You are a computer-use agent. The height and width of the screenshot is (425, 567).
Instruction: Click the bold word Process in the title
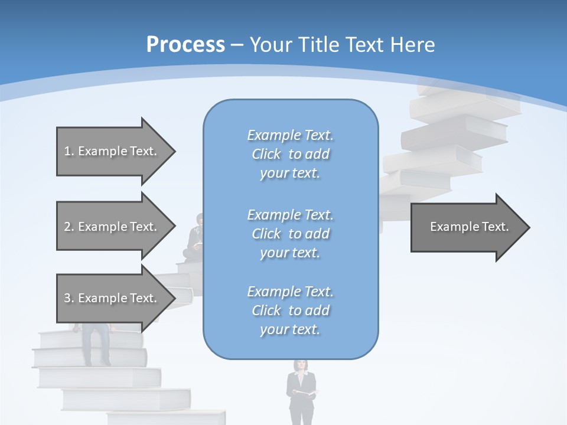point(185,44)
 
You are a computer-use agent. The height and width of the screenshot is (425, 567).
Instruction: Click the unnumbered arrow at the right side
point(470,227)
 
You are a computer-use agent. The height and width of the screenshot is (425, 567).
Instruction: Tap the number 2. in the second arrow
point(69,227)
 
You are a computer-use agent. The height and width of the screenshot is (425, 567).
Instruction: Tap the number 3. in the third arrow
point(69,298)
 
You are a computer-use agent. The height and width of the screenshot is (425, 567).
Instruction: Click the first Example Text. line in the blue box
point(291,135)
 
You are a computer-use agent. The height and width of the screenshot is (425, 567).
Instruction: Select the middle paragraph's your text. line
point(290,253)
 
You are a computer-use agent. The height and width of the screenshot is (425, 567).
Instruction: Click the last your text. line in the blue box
point(290,329)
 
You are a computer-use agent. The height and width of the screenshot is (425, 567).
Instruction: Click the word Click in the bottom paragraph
point(266,310)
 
